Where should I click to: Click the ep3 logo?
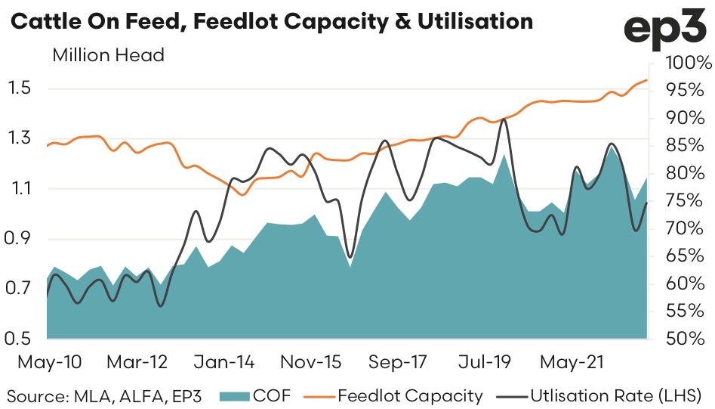point(665,28)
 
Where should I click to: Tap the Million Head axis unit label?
point(108,55)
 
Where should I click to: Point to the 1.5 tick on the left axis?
point(21,88)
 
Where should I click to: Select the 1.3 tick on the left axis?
point(21,138)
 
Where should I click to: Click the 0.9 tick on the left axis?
point(21,239)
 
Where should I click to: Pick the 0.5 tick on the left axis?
point(21,339)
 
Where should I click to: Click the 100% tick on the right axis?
point(683,63)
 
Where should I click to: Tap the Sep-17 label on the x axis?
point(397,363)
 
